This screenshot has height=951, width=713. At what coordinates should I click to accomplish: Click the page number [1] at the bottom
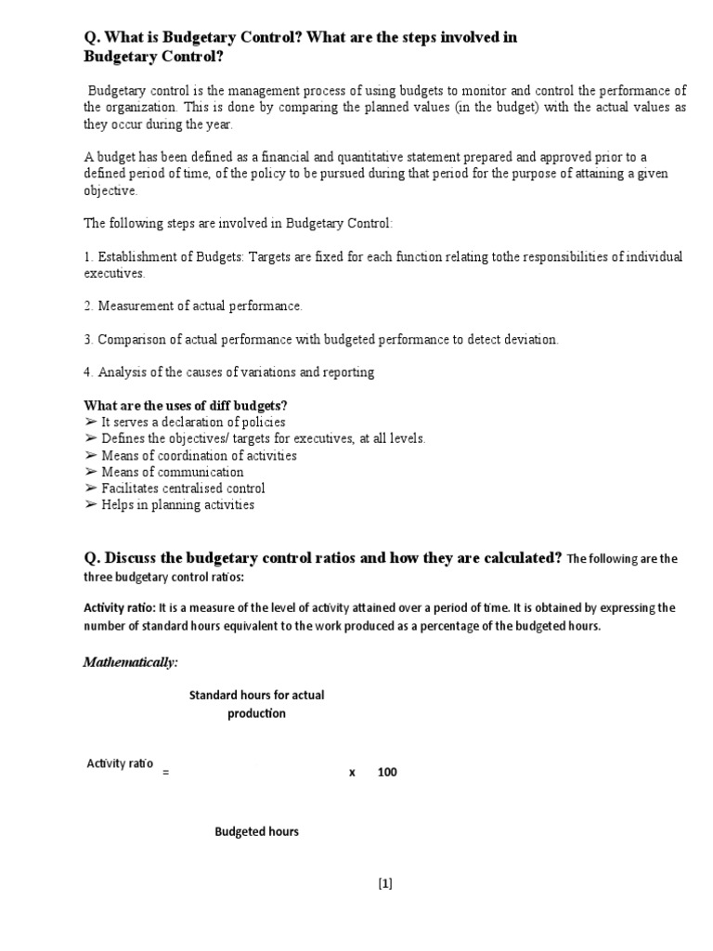point(385,883)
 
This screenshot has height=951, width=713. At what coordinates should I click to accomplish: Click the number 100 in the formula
point(387,772)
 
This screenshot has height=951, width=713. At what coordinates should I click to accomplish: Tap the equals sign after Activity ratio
point(165,773)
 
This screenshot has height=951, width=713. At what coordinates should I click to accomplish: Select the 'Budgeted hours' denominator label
point(256,831)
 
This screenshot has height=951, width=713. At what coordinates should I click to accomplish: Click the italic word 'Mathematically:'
point(130,662)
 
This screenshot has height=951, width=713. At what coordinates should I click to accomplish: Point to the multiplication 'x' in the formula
point(353,772)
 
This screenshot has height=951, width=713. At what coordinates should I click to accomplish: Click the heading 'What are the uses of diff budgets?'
point(186,406)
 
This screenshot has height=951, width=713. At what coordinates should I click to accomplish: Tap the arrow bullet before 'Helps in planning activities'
point(90,505)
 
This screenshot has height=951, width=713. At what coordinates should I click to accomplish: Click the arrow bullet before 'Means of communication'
point(90,472)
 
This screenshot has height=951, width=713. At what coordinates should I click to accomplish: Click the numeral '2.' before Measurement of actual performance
point(89,306)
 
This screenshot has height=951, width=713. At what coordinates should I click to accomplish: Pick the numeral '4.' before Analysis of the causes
point(89,371)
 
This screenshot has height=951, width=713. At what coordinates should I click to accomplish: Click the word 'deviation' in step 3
point(530,339)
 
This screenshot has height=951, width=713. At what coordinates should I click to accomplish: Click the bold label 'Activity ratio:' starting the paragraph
point(120,607)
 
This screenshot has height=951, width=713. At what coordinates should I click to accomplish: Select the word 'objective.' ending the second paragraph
point(110,190)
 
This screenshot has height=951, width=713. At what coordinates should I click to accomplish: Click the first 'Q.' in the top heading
point(92,38)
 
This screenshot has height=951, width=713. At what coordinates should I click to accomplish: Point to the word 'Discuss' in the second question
point(136,557)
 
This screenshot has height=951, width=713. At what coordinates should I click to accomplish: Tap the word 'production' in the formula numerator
point(256,713)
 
